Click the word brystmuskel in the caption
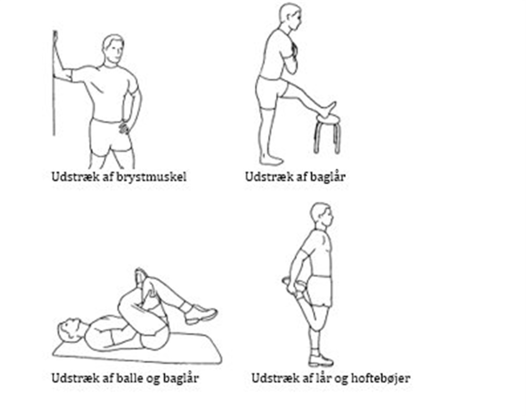(x=151, y=177)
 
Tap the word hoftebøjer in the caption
(x=380, y=379)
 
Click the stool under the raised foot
(x=327, y=133)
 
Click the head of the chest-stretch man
(x=113, y=50)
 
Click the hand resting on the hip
(x=124, y=127)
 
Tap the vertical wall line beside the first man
(x=54, y=83)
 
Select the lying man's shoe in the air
(x=200, y=313)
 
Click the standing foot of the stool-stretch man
(x=271, y=160)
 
